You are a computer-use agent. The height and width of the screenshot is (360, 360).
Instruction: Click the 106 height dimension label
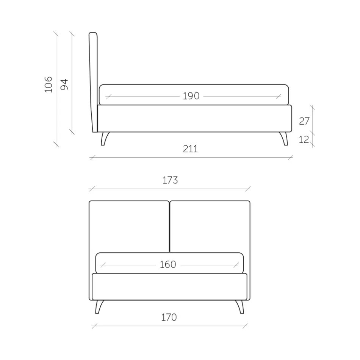(x=49, y=85)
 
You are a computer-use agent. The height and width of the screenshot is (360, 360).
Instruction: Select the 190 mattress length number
(x=191, y=96)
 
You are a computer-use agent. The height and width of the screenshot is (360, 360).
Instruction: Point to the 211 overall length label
(x=190, y=149)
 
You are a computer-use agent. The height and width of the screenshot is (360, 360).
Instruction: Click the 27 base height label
(x=304, y=121)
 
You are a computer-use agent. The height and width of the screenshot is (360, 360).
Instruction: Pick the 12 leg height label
(x=304, y=139)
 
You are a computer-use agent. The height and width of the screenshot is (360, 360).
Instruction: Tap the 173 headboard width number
(x=170, y=180)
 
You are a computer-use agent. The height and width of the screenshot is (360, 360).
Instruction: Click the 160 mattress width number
(x=168, y=265)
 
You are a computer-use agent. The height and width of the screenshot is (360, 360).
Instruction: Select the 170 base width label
(x=169, y=317)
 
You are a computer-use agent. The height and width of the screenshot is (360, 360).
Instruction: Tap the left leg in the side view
(x=105, y=138)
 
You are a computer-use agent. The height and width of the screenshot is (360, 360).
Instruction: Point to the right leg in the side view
(x=284, y=138)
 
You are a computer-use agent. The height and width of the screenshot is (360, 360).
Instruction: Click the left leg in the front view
(x=99, y=307)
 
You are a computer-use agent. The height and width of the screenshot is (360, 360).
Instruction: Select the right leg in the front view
(x=239, y=307)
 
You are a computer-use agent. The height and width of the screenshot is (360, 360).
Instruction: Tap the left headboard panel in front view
(x=129, y=226)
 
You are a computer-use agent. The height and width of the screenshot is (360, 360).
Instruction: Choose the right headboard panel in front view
(x=210, y=226)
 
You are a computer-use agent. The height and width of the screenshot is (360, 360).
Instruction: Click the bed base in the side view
(x=194, y=119)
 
